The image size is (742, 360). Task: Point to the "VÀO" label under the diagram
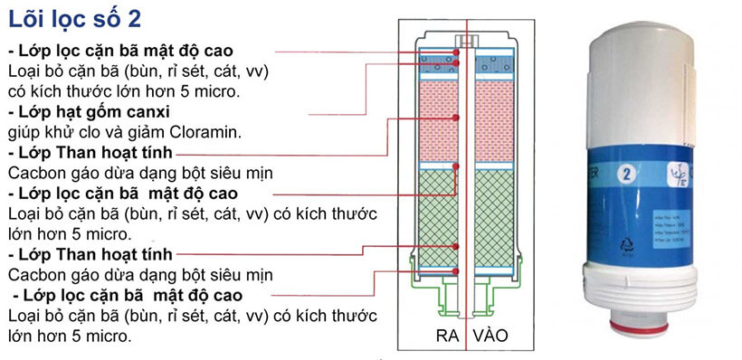coord(488,336)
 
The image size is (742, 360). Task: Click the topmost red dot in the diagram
coord(456,53)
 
